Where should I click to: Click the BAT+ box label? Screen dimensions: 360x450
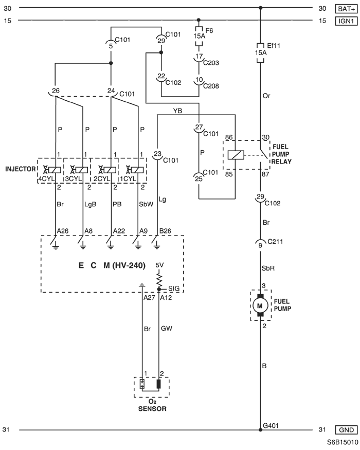click(346, 9)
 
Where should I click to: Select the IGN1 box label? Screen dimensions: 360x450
click(346, 21)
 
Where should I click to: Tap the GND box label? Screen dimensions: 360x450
click(346, 430)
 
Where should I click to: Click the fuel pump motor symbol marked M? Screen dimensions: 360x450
click(260, 305)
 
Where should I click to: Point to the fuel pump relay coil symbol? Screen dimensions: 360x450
click(236, 155)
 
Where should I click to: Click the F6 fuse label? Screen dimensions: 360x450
click(209, 30)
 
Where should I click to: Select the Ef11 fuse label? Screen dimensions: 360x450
click(274, 46)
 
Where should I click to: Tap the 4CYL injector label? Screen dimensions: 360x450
click(46, 179)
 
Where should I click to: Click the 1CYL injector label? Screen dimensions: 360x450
click(128, 179)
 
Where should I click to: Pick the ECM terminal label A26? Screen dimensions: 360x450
click(63, 231)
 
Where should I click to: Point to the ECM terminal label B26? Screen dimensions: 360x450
click(165, 231)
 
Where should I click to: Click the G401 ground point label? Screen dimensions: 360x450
click(271, 425)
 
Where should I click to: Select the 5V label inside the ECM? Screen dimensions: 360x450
click(159, 265)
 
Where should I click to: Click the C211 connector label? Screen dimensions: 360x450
click(275, 242)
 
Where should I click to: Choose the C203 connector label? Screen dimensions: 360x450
click(211, 63)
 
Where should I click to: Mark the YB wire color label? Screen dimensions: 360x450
click(177, 111)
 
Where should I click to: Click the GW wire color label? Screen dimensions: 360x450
click(167, 328)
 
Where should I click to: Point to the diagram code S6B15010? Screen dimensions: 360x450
click(343, 442)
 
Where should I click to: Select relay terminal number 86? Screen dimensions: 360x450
click(229, 137)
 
